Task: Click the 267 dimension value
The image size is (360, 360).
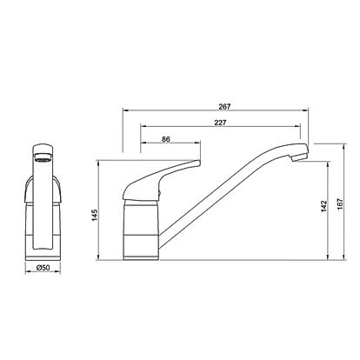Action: tap(224, 107)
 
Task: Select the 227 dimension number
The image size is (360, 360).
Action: tap(220, 123)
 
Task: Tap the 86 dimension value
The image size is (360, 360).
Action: tap(166, 139)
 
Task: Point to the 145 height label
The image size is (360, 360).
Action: tap(95, 215)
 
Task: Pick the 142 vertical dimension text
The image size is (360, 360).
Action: tap(323, 206)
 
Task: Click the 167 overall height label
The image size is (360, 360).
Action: tap(340, 204)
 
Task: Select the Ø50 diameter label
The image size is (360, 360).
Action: tap(43, 268)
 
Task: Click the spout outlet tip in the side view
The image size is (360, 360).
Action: tap(298, 158)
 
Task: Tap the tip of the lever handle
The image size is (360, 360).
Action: tap(199, 163)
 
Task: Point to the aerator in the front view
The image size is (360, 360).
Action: tap(43, 158)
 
